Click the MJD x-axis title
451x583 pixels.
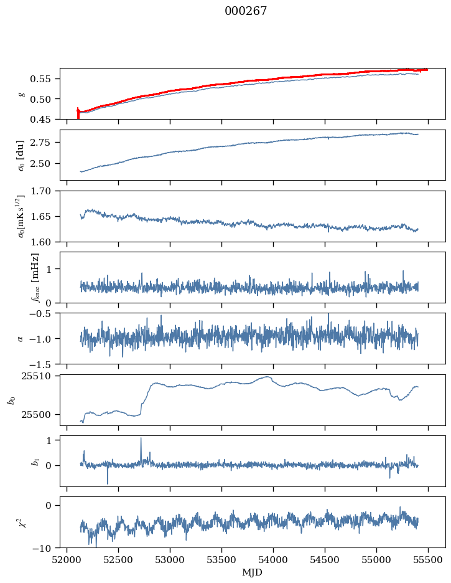pos(252,572)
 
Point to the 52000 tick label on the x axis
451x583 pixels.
pos(67,560)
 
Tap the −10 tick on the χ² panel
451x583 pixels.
pos(45,548)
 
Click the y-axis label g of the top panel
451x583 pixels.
pos(22,93)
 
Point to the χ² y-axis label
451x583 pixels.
pos(22,522)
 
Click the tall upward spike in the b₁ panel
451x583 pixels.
pos(141,438)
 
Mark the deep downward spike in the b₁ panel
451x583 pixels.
pos(108,483)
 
